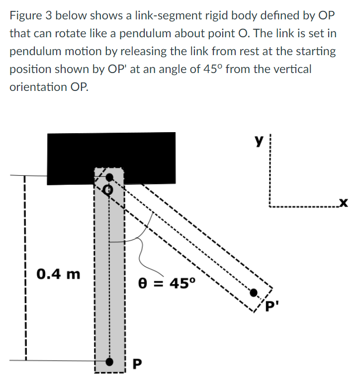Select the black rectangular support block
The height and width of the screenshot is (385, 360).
[x=110, y=152]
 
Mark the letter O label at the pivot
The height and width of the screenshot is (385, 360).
[x=108, y=189]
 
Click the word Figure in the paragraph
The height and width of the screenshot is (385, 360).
[x=25, y=15]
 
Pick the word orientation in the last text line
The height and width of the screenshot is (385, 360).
[x=37, y=86]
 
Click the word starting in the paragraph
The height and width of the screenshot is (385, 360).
[x=318, y=51]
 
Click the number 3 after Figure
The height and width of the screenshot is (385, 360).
[x=49, y=15]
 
